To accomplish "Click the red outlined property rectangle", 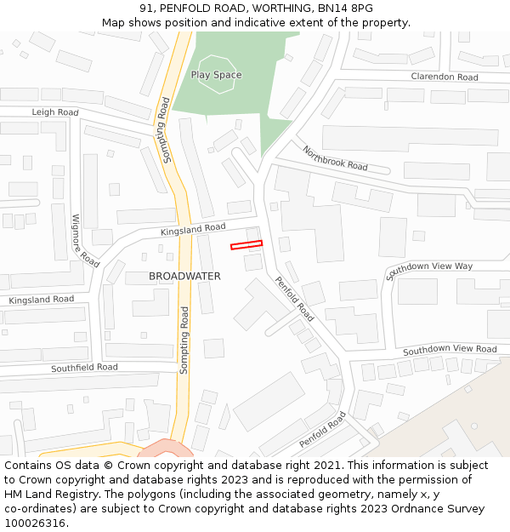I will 246,245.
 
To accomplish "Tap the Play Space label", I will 216,75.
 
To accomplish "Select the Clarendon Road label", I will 445,77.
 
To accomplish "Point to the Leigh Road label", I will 55,112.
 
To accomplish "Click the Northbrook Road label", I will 335,157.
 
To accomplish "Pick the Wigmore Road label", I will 86,236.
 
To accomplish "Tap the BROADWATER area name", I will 184,277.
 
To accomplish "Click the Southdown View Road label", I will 450,350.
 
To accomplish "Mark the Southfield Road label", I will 84,368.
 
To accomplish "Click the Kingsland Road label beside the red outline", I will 193,229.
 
